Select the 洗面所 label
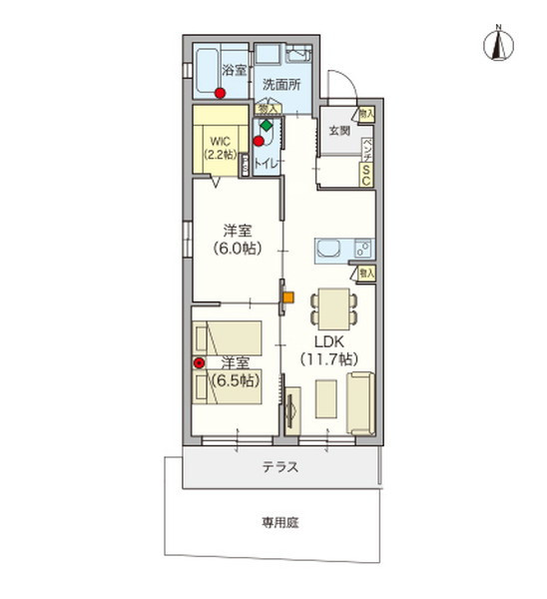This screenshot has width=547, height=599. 279,85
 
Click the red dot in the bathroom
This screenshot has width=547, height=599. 221,94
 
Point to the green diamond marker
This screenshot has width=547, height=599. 267,127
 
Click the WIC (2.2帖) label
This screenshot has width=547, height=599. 220,149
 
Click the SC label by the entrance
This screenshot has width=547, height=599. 366,176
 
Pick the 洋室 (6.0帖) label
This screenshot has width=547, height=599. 237,241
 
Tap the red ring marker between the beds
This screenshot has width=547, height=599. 199,362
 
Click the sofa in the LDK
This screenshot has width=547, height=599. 360,403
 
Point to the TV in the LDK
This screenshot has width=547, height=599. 292,410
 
